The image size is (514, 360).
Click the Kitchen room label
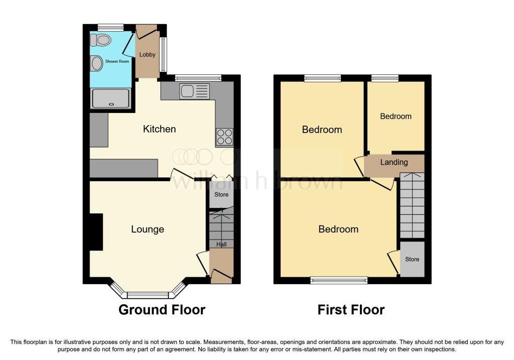pyautogui.click(x=159, y=129)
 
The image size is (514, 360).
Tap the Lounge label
pyautogui.click(x=148, y=229)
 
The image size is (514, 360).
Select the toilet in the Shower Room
pyautogui.click(x=100, y=40)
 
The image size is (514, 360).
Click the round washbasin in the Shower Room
pyautogui.click(x=97, y=63)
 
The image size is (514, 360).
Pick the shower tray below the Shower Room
pyautogui.click(x=111, y=98)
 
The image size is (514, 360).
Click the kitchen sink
pyautogui.click(x=194, y=91)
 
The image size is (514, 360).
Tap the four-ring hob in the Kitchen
pyautogui.click(x=224, y=137)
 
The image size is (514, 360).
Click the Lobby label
pyautogui.click(x=147, y=55)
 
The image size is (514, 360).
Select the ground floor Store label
pyautogui.click(x=221, y=194)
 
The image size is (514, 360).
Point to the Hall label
pyautogui.click(x=221, y=244)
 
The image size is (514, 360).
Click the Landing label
pyautogui.click(x=394, y=162)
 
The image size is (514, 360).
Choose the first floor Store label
pyautogui.click(x=412, y=259)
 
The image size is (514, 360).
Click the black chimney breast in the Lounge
pyautogui.click(x=96, y=232)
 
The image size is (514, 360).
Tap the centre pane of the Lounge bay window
pyautogui.click(x=148, y=295)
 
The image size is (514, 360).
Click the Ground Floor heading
pyautogui.click(x=162, y=310)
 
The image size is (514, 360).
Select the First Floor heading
pyautogui.click(x=351, y=310)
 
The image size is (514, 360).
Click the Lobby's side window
pyautogui.click(x=163, y=54)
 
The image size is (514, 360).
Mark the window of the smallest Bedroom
pyautogui.click(x=385, y=78)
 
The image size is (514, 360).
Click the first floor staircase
pyautogui.click(x=412, y=205)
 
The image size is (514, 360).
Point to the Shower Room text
pyautogui.click(x=117, y=61)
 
